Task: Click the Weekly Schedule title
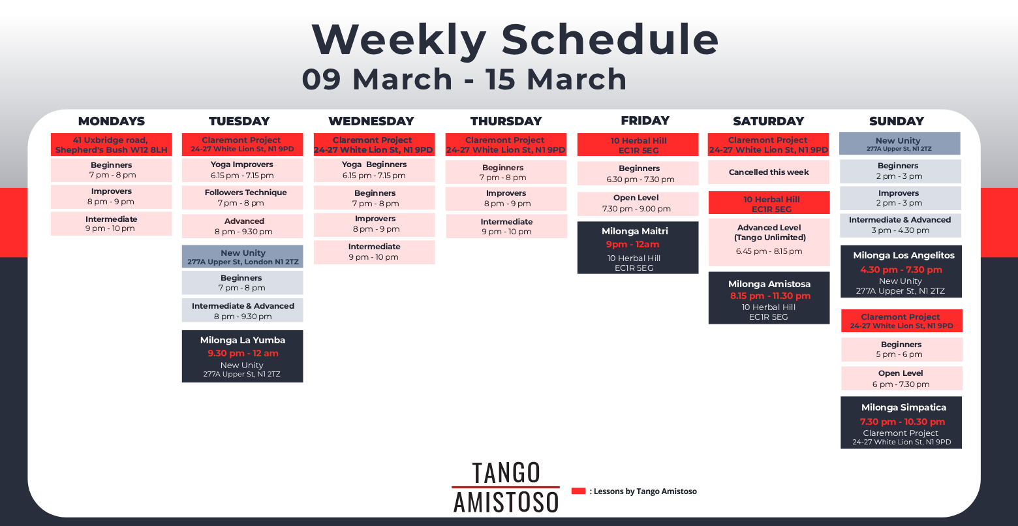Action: (515, 40)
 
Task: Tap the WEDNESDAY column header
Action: (371, 121)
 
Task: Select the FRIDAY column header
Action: (645, 121)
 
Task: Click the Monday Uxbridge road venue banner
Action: (112, 145)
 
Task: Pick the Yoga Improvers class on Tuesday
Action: (242, 170)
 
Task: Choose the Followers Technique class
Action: (242, 198)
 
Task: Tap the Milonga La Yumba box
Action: (242, 356)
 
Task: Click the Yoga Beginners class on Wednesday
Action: (374, 170)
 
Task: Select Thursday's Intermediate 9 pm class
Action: (506, 226)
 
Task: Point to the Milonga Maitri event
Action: (638, 248)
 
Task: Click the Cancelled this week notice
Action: (769, 172)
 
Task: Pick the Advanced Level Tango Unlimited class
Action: (769, 242)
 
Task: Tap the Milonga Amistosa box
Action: (769, 298)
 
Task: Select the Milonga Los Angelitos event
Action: (901, 271)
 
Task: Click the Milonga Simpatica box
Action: (901, 423)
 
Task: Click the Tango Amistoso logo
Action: (506, 487)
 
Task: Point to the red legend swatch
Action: (578, 491)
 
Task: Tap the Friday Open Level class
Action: (638, 204)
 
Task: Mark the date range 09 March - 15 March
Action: (464, 79)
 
